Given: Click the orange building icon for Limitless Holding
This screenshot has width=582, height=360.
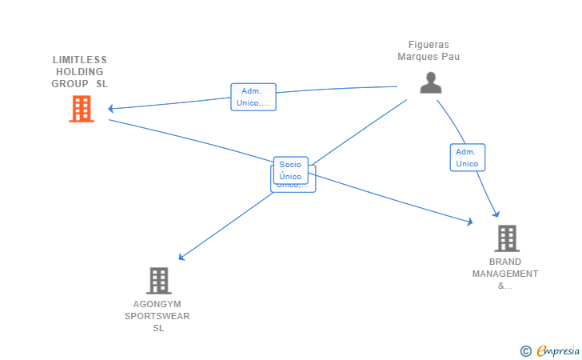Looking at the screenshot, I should [82, 109].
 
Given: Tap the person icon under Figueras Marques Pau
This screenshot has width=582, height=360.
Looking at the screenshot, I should [431, 83].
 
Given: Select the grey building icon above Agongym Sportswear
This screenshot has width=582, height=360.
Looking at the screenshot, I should [159, 281].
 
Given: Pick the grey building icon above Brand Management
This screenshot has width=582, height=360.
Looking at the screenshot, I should [506, 238].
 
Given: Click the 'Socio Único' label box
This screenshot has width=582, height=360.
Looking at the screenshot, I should [290, 170].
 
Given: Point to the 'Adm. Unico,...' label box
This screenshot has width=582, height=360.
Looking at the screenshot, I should [253, 97].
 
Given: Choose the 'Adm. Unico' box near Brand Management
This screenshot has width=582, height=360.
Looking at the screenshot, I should [467, 158].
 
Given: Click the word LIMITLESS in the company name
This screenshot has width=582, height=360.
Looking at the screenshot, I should [80, 59].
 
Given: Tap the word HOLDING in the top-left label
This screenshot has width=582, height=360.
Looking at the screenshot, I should [80, 71].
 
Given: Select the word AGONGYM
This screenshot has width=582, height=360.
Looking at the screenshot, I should [157, 304].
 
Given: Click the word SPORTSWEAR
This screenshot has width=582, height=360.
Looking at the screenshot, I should [157, 316].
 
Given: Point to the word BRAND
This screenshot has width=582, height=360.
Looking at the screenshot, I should [505, 262].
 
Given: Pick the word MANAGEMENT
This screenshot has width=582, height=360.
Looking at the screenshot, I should [505, 274].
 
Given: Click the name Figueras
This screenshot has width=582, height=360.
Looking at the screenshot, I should [429, 45].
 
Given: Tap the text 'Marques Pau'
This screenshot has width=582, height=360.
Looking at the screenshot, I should [429, 57].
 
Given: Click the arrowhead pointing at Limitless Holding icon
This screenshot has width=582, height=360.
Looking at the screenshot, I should [111, 108].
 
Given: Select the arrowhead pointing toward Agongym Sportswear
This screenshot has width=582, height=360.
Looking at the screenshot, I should [181, 258].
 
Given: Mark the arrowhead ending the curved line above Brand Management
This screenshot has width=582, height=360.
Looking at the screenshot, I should [496, 214].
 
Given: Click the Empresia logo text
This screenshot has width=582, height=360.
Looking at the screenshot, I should [559, 350].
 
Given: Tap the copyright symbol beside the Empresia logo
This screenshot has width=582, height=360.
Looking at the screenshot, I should [525, 350].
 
